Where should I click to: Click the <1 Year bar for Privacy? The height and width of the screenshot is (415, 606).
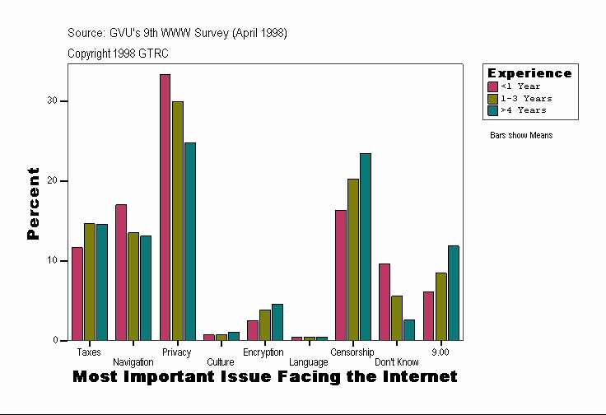pyautogui.click(x=165, y=207)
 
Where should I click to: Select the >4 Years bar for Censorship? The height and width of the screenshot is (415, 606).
pyautogui.click(x=366, y=246)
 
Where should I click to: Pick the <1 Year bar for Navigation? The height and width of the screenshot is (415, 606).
pyautogui.click(x=121, y=272)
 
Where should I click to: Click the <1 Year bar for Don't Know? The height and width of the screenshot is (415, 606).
pyautogui.click(x=385, y=301)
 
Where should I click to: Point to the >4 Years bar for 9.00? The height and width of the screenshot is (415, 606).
pyautogui.click(x=454, y=292)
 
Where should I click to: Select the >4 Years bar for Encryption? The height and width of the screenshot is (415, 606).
pyautogui.click(x=277, y=322)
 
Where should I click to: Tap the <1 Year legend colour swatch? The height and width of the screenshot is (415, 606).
pyautogui.click(x=492, y=86)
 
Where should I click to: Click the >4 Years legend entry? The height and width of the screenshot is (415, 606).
pyautogui.click(x=523, y=110)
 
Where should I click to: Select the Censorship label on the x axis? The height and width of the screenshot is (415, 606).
pyautogui.click(x=352, y=352)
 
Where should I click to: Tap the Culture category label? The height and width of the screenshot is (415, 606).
pyautogui.click(x=220, y=362)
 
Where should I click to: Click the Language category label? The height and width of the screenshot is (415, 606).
pyautogui.click(x=309, y=362)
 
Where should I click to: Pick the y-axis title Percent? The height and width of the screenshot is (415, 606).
pyautogui.click(x=33, y=203)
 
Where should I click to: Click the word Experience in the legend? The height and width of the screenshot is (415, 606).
pyautogui.click(x=529, y=73)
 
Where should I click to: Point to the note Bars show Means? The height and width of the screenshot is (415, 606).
pyautogui.click(x=521, y=135)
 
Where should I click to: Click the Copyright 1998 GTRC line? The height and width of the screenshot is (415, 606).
pyautogui.click(x=118, y=53)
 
